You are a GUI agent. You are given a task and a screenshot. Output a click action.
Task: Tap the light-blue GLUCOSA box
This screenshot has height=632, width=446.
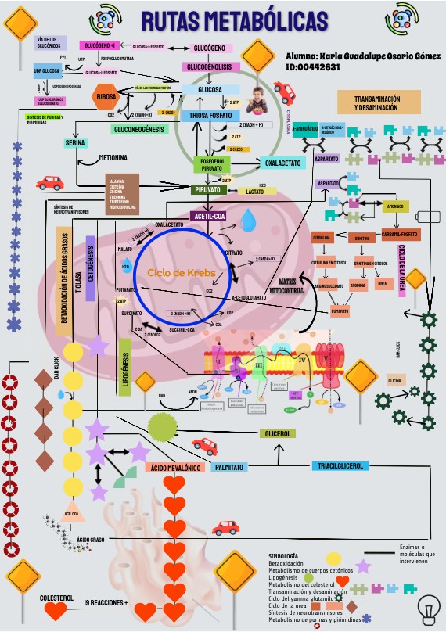[x=210, y=90]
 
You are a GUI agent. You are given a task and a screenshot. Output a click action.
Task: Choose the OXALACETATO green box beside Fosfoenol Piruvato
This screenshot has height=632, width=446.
[x=282, y=163]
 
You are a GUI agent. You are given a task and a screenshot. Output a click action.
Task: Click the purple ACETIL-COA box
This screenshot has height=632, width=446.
[x=210, y=215]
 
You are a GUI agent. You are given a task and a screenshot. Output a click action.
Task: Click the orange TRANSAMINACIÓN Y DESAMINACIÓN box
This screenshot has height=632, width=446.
[x=376, y=102]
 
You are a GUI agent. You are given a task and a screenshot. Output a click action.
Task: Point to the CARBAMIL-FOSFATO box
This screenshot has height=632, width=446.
[x=399, y=234]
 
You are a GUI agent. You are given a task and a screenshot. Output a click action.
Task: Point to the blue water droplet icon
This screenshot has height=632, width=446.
[x=248, y=220]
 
